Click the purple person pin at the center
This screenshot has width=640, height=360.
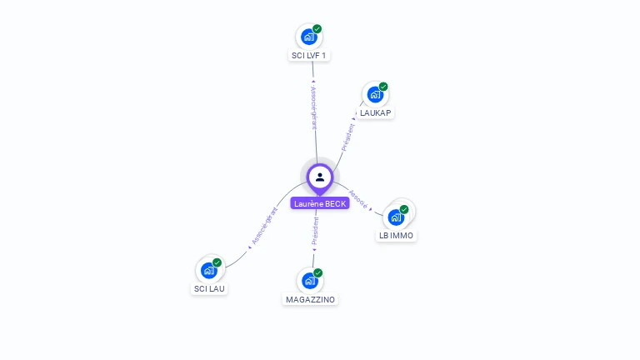pyautogui.click(x=320, y=177)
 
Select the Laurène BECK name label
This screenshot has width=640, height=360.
pyautogui.click(x=320, y=203)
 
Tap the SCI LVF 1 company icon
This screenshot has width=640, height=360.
pyautogui.click(x=308, y=37)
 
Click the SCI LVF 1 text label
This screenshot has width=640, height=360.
pyautogui.click(x=309, y=56)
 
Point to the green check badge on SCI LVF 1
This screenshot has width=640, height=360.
pyautogui.click(x=317, y=29)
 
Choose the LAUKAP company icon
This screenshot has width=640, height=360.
pyautogui.click(x=375, y=94)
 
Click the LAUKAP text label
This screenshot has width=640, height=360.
pyautogui.click(x=375, y=112)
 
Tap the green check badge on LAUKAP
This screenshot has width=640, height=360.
pyautogui.click(x=383, y=87)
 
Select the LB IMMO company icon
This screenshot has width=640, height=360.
pyautogui.click(x=396, y=217)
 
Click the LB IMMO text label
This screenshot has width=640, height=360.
pyautogui.click(x=396, y=236)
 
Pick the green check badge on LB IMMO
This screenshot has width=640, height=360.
pyautogui.click(x=404, y=209)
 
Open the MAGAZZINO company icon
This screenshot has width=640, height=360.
pyautogui.click(x=309, y=281)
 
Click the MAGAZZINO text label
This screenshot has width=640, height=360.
pyautogui.click(x=310, y=299)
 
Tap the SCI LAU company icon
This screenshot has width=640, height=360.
pyautogui.click(x=208, y=270)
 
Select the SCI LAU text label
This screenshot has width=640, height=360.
pyautogui.click(x=209, y=289)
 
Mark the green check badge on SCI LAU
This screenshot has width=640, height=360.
pyautogui.click(x=217, y=262)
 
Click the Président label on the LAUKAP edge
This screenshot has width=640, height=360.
pyautogui.click(x=348, y=137)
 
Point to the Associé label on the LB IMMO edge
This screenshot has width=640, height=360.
pyautogui.click(x=358, y=199)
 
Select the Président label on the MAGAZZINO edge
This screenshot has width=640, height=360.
pyautogui.click(x=315, y=231)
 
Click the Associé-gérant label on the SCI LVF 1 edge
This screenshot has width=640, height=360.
pyautogui.click(x=313, y=108)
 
